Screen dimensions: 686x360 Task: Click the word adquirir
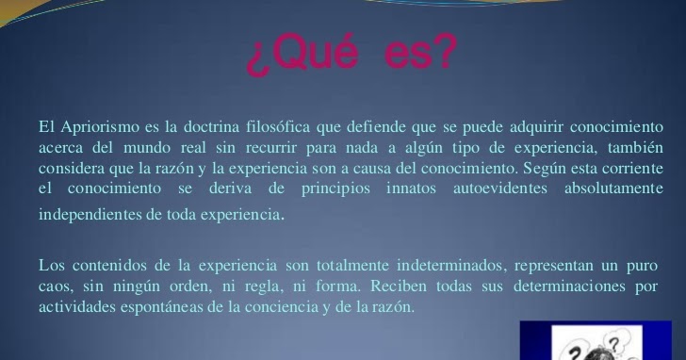point(535,127)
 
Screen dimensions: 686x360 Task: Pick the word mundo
point(147,147)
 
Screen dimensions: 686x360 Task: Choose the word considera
point(72,168)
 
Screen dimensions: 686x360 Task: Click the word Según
point(542,169)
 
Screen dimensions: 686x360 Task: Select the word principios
point(335,188)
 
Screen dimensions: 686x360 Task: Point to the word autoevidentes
point(500,188)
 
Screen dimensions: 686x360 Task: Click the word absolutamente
point(613,188)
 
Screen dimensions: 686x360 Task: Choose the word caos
point(55,286)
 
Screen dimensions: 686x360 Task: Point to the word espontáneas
point(162,306)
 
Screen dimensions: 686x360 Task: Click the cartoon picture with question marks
point(596,340)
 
